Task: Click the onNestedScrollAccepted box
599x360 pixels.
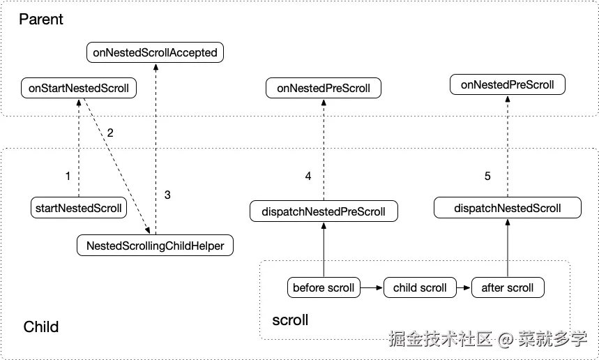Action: [155, 52]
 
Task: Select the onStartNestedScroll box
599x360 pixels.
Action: [79, 89]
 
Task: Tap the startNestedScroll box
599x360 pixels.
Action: [78, 207]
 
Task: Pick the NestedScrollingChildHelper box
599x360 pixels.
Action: [155, 246]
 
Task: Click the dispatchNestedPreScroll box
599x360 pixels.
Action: [324, 211]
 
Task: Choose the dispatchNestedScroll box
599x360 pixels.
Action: [507, 208]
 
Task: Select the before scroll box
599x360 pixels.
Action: [324, 287]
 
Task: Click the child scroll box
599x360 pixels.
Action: [420, 287]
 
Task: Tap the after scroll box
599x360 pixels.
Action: [507, 287]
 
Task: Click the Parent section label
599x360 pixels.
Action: [41, 20]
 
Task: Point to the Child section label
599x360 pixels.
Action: [41, 327]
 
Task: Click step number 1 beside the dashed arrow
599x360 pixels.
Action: [68, 177]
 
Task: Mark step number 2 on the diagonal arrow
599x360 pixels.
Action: [109, 133]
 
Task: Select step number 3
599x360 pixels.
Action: [167, 195]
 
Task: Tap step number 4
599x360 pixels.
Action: [308, 177]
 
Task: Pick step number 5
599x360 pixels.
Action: [487, 177]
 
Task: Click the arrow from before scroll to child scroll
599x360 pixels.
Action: [372, 287]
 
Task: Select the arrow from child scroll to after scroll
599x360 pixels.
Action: [463, 287]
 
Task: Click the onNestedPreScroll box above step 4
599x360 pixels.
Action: [324, 89]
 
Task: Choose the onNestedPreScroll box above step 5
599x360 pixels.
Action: [507, 85]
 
